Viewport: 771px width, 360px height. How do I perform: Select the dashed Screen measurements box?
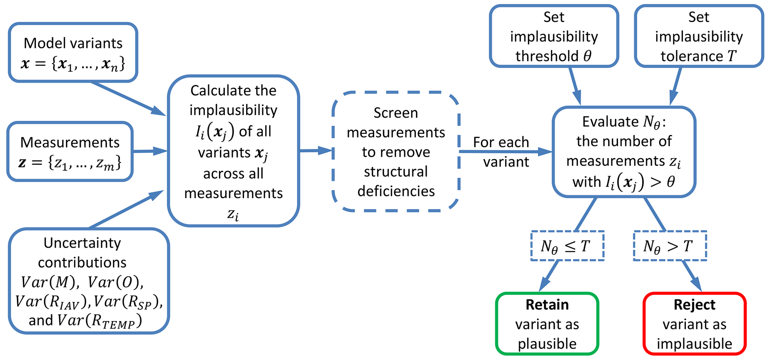click(396, 151)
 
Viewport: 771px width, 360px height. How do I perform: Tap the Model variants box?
click(73, 53)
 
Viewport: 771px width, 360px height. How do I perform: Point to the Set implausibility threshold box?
click(554, 36)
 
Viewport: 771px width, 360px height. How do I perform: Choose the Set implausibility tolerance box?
click(699, 36)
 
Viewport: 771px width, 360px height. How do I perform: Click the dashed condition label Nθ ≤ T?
click(567, 246)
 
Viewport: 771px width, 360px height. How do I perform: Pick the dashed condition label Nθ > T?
click(670, 246)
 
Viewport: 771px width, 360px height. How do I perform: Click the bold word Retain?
click(547, 305)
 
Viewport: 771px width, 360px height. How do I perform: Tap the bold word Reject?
click(694, 305)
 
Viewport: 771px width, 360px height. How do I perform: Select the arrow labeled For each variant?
click(505, 151)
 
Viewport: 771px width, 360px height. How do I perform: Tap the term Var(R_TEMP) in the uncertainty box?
click(100, 321)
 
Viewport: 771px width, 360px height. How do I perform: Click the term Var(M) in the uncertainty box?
click(48, 282)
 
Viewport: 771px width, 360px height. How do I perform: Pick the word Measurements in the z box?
click(70, 143)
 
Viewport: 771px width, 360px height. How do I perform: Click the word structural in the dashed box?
click(396, 172)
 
